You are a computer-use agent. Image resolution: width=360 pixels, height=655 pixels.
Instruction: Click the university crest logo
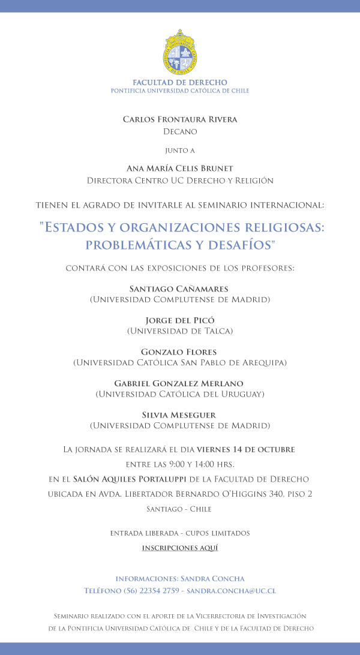coord(180,52)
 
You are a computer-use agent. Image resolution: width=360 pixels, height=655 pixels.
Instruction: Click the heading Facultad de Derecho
coord(180,82)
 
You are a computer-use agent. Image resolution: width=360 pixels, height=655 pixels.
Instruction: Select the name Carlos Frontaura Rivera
coord(180,119)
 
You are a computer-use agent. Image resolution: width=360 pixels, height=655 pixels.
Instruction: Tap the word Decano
coord(180,131)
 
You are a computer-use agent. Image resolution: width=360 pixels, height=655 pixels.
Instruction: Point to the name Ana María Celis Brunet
coord(180,168)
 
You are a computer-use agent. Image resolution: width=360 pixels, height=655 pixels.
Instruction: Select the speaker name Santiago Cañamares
coord(180,289)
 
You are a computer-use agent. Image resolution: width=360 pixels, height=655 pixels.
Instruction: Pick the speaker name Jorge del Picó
coord(180,320)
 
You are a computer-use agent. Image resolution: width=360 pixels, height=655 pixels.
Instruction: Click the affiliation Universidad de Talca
coord(180,330)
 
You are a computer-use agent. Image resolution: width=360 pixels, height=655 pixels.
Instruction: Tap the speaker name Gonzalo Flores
coord(180,351)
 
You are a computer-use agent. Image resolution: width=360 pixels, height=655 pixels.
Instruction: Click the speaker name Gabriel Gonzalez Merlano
coord(180,383)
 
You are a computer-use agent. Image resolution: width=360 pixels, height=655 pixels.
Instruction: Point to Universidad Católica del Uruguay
coord(180,394)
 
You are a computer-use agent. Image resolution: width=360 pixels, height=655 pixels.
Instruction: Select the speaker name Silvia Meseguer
coord(180,415)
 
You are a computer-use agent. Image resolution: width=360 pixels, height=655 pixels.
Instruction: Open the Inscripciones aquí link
coord(180,548)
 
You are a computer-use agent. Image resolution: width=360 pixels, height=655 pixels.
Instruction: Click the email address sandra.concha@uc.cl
coord(232,591)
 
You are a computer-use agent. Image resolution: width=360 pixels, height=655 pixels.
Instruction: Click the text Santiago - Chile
coord(180,509)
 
